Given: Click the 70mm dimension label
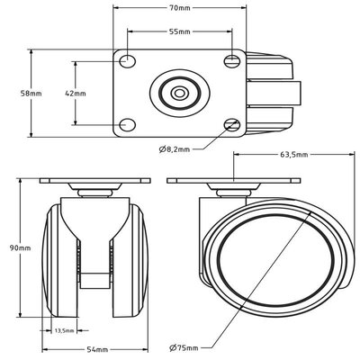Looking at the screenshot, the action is (180, 8).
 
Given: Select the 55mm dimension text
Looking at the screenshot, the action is (180, 31).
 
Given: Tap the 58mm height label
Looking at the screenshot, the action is (31, 94).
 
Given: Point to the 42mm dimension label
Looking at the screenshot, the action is (76, 94).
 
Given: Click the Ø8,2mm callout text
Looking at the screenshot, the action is (175, 149).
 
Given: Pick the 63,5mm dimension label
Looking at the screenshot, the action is (294, 155).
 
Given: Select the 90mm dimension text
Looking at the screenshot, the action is (20, 248).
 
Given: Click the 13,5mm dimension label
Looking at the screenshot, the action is (64, 331).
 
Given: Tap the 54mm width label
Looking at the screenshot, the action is (97, 349).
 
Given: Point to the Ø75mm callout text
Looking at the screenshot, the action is (184, 348).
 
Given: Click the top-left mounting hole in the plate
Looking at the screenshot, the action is (128, 61).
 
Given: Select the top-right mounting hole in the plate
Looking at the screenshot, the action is (232, 61).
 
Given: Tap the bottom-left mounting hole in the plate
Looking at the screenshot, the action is (128, 124).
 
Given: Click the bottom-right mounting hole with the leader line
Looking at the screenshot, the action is (232, 124).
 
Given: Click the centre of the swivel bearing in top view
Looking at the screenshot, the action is (179, 94).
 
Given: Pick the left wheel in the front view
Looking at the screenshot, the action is (59, 260).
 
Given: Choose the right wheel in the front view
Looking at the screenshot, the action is (130, 260).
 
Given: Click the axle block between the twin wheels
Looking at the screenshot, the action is (94, 281).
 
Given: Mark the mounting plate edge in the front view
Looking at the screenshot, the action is (94, 181).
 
